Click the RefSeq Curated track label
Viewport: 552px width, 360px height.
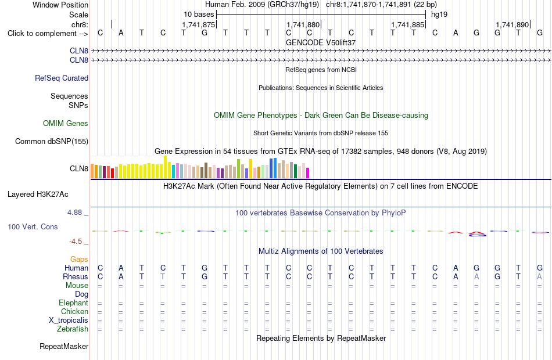pyautogui.click(x=62, y=78)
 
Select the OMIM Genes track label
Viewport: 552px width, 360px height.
pyautogui.click(x=66, y=124)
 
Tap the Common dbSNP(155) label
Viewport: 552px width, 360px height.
pyautogui.click(x=52, y=142)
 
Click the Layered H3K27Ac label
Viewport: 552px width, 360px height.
pyautogui.click(x=38, y=195)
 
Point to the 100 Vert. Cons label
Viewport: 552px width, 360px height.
pyautogui.click(x=33, y=227)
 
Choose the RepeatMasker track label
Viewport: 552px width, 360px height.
pyautogui.click(x=64, y=347)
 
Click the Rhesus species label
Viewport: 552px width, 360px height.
pyautogui.click(x=76, y=277)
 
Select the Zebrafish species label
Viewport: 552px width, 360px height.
pyautogui.click(x=73, y=329)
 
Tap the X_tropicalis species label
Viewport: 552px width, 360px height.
pyautogui.click(x=69, y=321)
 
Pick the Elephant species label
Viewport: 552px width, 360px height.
pyautogui.click(x=74, y=303)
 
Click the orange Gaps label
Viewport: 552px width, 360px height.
pyautogui.click(x=79, y=260)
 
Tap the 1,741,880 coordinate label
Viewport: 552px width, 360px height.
pyautogui.click(x=303, y=24)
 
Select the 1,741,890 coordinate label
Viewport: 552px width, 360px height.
pyautogui.click(x=512, y=24)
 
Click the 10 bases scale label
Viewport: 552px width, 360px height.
pyautogui.click(x=199, y=15)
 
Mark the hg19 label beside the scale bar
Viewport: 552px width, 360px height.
pyautogui.click(x=439, y=15)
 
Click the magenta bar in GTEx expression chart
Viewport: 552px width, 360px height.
pyautogui.click(x=308, y=173)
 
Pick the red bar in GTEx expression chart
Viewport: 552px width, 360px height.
pyautogui.click(x=112, y=174)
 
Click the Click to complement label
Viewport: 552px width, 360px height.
pyautogui.click(x=48, y=34)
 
